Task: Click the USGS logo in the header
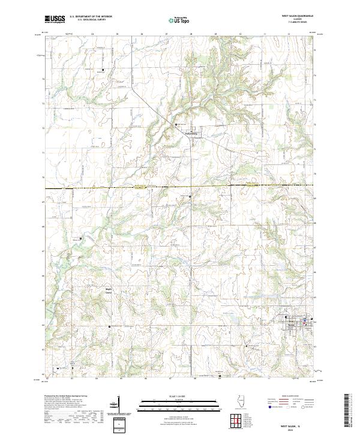tap(54, 19)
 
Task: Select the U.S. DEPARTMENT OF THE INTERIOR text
tap(91, 17)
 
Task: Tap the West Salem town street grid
tap(294, 325)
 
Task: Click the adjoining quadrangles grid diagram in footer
tap(238, 420)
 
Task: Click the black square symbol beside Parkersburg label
tap(176, 124)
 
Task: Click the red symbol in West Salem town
tap(305, 322)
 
